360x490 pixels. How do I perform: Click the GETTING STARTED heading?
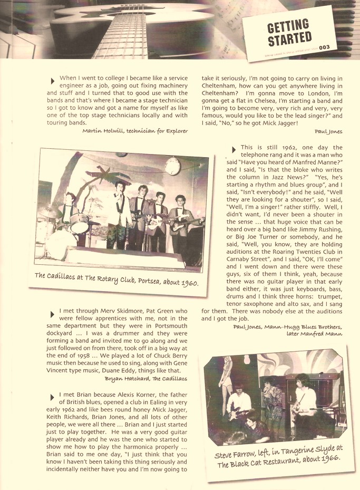pyautogui.click(x=289, y=33)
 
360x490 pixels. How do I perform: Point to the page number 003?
pyautogui.click(x=324, y=48)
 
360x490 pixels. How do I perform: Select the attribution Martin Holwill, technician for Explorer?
pyautogui.click(x=135, y=131)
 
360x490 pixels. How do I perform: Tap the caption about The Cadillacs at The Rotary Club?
pyautogui.click(x=116, y=279)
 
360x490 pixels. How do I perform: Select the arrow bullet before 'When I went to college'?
pyautogui.click(x=53, y=81)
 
